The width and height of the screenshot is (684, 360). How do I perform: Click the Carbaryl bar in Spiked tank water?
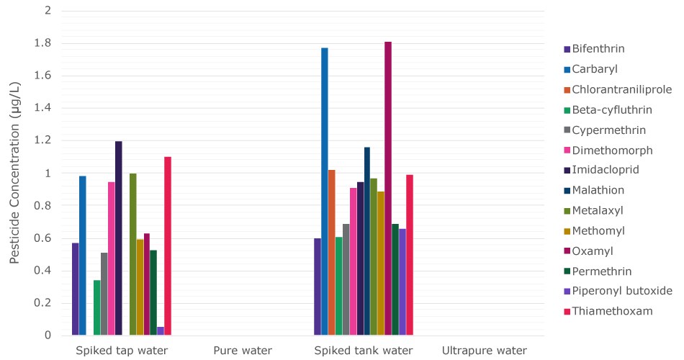coord(325,192)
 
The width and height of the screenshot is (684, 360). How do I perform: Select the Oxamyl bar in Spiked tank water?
coord(388,189)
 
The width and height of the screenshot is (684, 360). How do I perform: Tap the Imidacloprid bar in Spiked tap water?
coord(118,238)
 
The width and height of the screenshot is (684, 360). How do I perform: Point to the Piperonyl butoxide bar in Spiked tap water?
coord(161,330)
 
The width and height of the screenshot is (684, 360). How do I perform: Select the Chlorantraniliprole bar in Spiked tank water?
coord(332,253)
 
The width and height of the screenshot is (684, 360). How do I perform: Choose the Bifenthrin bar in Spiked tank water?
coord(318,287)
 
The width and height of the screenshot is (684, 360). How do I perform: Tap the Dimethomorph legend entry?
coord(613,150)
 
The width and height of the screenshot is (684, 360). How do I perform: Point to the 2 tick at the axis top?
coord(48,11)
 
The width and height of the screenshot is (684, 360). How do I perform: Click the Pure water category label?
coord(243,351)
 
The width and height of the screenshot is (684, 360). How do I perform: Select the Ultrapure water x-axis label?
coord(485,351)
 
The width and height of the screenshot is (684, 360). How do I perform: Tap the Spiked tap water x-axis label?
coord(122,351)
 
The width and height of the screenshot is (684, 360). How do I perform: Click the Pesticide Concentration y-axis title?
coord(15,173)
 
